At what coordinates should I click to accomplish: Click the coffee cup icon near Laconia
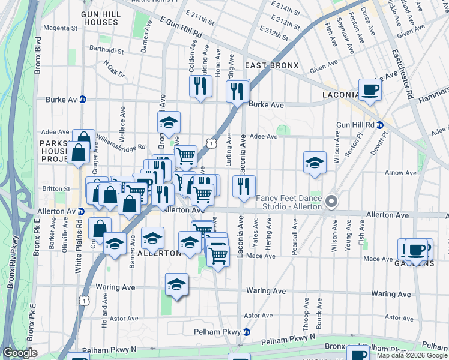click(x=370, y=90)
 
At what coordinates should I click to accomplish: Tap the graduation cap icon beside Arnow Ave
click(x=315, y=163)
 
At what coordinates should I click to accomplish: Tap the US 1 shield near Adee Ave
click(x=211, y=143)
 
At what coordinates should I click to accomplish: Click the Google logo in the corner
click(x=20, y=353)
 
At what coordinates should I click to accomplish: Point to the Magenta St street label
click(x=58, y=28)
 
